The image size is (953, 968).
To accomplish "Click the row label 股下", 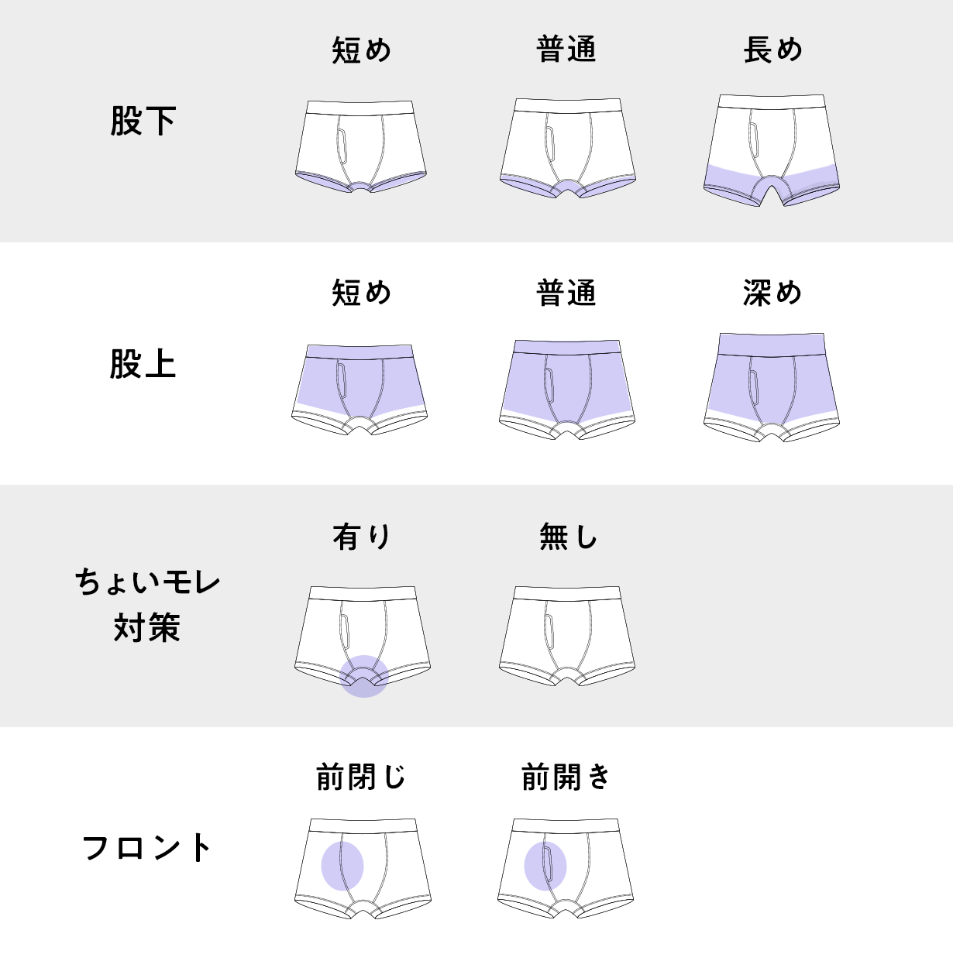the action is point(143,122).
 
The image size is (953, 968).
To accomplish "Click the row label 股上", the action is point(143,364).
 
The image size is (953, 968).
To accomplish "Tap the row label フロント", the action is point(146,848).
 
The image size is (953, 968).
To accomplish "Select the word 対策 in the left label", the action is point(146,627).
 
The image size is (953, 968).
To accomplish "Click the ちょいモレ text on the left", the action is point(147,582).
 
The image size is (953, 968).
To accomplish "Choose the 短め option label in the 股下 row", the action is point(362,50).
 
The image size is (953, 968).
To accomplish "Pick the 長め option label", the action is point(772,50).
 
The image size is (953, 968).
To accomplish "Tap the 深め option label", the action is point(772,293).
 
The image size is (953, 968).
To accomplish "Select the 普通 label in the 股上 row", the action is point(566,293).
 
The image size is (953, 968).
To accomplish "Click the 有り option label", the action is point(362,536).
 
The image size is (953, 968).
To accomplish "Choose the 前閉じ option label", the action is point(361,777).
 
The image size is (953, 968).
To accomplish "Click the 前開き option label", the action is point(566,777).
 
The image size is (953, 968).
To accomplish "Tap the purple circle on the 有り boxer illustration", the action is point(364,676).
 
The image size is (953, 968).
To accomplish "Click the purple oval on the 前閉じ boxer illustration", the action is point(342,866).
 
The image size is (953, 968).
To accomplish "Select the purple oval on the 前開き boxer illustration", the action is point(545,866).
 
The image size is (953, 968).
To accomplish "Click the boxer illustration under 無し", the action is point(567,635).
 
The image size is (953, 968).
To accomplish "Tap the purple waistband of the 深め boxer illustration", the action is point(772,344).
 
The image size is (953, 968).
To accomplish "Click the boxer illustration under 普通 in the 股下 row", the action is point(567,147).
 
